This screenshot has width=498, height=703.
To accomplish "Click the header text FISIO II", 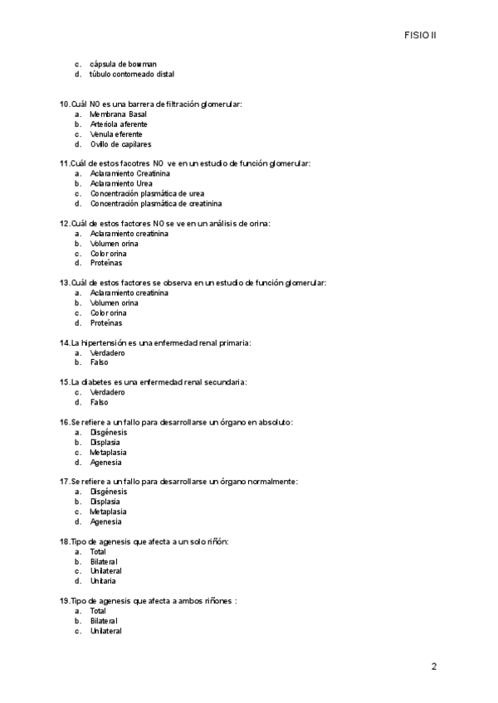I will [x=420, y=35].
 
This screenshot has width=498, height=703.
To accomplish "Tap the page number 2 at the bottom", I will [x=433, y=666].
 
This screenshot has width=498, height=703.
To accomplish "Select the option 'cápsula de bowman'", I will [x=123, y=64].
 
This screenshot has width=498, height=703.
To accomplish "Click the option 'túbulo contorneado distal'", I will [x=131, y=74].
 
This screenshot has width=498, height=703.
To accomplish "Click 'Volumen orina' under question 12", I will [x=114, y=244].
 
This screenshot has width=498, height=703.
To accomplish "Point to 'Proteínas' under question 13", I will [x=106, y=323].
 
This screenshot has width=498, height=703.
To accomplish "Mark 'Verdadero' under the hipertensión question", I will [x=107, y=352].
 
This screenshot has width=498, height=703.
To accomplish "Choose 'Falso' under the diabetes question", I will [x=99, y=402].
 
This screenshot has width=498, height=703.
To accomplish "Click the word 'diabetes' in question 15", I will [x=96, y=382].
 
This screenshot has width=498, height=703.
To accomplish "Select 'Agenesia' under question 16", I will [x=106, y=462].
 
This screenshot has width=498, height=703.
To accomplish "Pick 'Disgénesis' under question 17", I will [x=109, y=492].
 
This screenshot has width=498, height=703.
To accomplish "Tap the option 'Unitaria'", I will [x=103, y=581].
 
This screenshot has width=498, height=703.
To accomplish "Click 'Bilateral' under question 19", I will [x=104, y=621].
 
